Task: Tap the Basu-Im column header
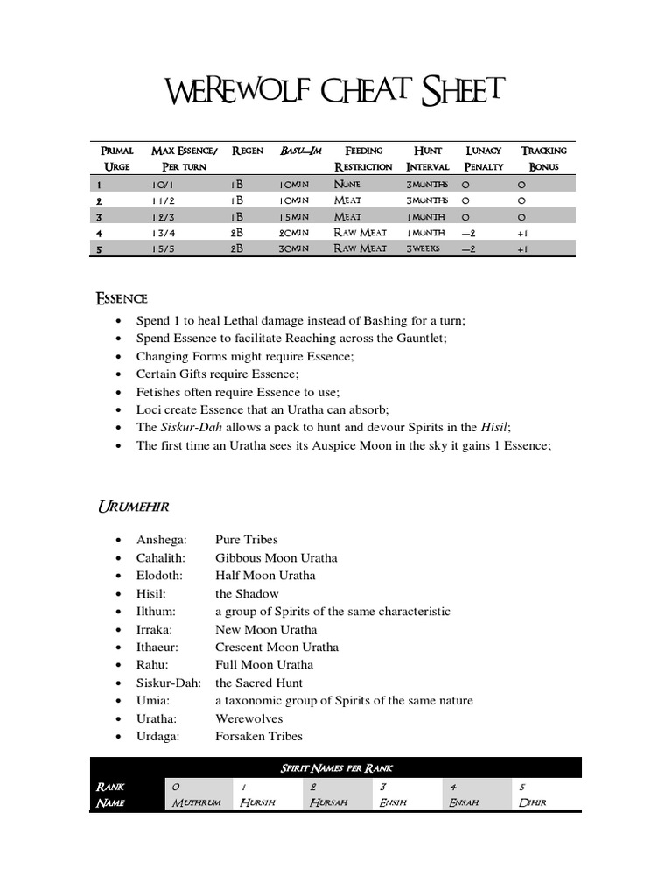(300, 150)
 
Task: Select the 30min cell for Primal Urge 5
(294, 249)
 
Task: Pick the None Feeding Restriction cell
(347, 185)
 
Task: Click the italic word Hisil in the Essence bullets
(494, 427)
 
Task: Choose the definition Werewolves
(248, 718)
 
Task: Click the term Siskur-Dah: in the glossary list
(169, 682)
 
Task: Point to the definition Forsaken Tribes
(259, 736)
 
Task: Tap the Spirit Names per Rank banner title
(336, 768)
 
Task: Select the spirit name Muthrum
(196, 802)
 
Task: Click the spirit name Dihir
(532, 802)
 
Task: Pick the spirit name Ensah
(464, 802)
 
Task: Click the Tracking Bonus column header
(543, 158)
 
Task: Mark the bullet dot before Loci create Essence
(118, 409)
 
